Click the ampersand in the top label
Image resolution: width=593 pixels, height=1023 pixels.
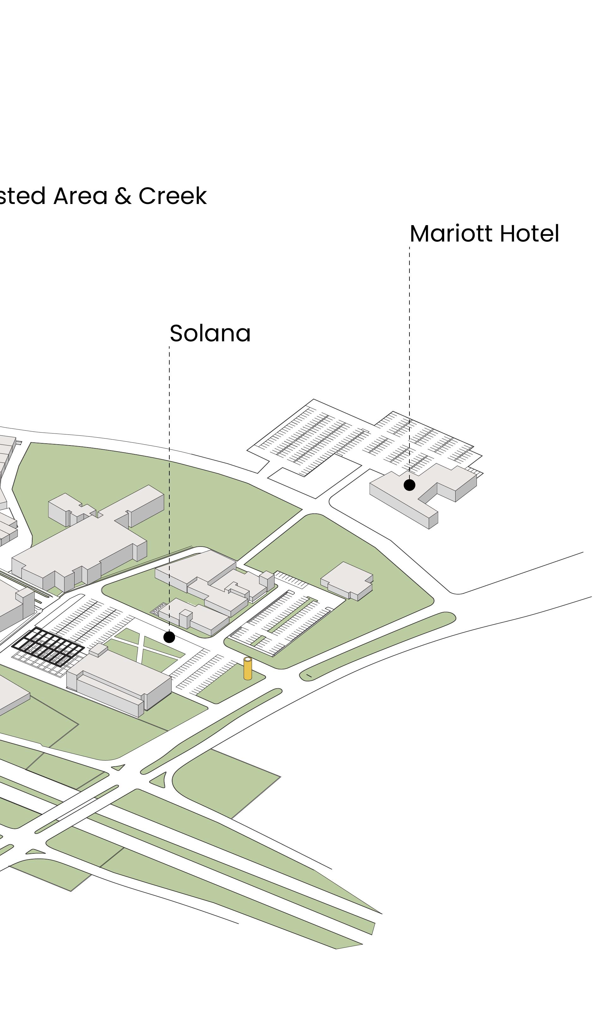123,196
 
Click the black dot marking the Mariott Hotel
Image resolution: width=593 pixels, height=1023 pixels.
409,485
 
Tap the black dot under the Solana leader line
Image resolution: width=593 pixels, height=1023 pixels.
169,637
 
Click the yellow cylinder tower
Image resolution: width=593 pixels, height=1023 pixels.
247,669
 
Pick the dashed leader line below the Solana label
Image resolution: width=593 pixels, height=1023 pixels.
169,487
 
